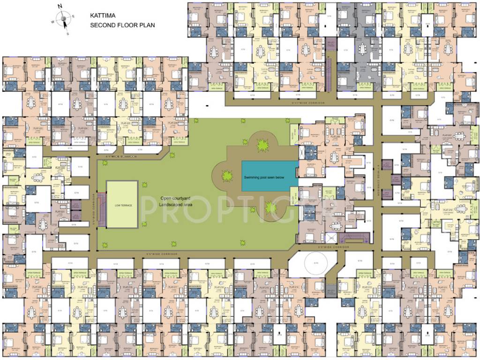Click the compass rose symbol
pos(61,19)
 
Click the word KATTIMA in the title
pos(103,15)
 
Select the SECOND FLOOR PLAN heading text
pos(122,25)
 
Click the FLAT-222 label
pos(60,167)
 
